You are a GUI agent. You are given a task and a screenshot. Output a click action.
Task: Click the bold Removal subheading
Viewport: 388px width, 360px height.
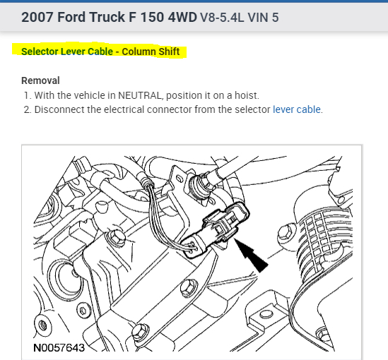pyautogui.click(x=40, y=80)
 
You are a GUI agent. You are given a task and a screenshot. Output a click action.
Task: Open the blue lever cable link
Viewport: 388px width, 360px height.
pyautogui.click(x=297, y=109)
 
